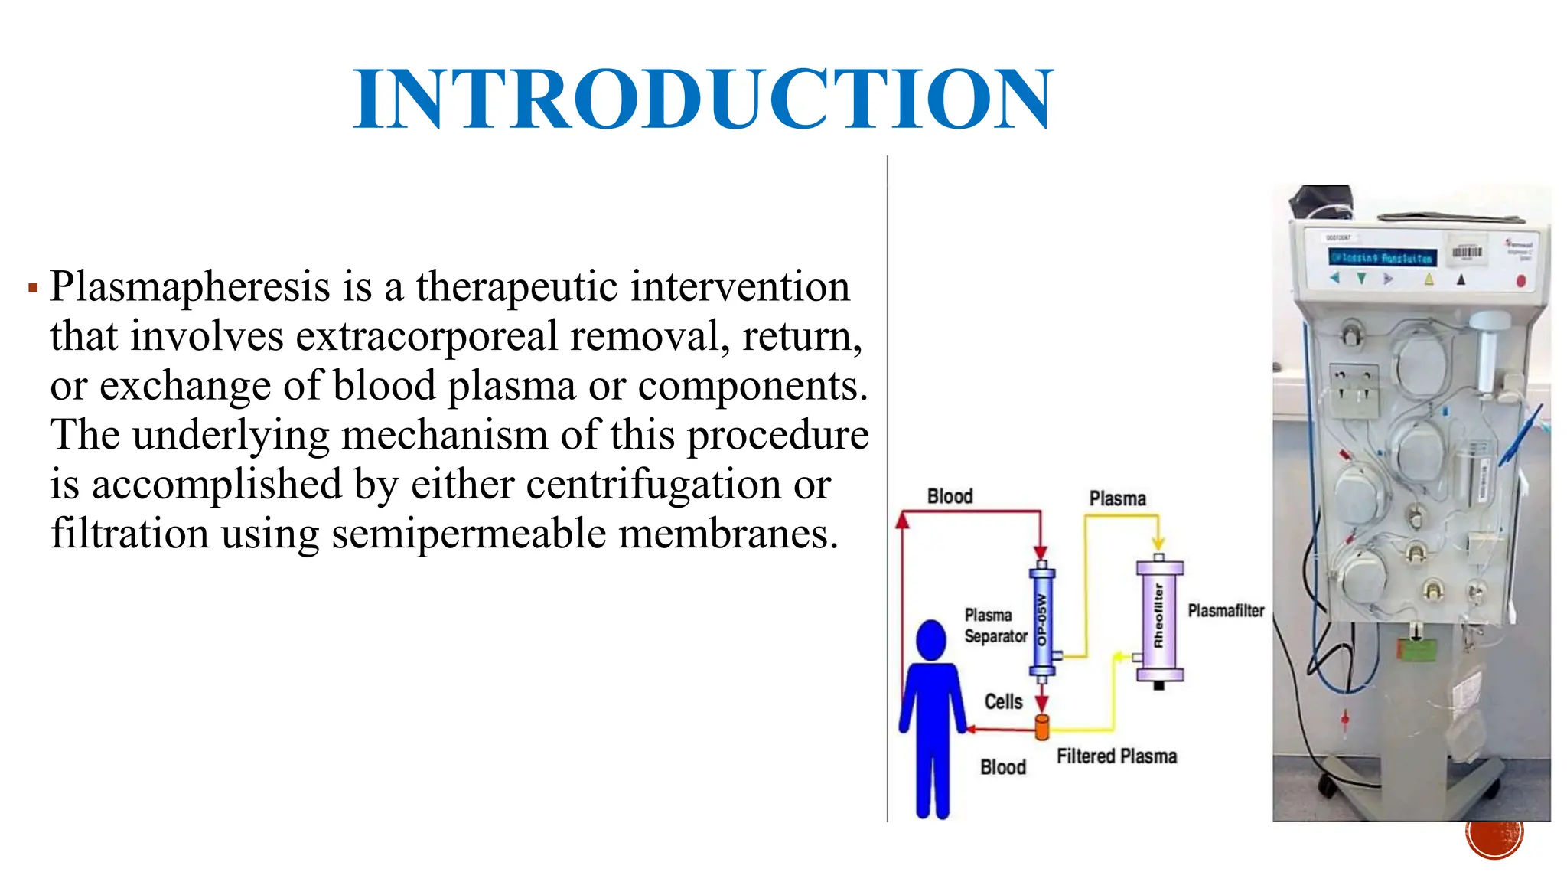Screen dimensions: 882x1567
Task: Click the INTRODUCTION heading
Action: point(702,99)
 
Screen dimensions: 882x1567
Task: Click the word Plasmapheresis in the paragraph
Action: point(191,287)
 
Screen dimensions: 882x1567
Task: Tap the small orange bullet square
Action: point(33,289)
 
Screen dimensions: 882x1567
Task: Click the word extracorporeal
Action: point(426,337)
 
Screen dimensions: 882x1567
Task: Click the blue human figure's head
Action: point(930,639)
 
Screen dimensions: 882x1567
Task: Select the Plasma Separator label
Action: point(995,626)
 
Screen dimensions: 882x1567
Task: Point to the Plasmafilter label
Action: point(1226,611)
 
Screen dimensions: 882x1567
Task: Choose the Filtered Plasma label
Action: point(1116,756)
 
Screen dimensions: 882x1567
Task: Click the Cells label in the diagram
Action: point(1003,702)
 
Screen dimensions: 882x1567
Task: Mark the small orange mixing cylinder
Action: point(1041,727)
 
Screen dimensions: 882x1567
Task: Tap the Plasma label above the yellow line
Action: point(1117,499)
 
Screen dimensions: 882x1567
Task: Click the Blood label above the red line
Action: point(950,497)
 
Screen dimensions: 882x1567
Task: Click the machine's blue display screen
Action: point(1381,258)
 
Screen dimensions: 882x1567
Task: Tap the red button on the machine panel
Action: point(1520,281)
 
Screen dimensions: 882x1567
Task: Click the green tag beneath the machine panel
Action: point(1416,650)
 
